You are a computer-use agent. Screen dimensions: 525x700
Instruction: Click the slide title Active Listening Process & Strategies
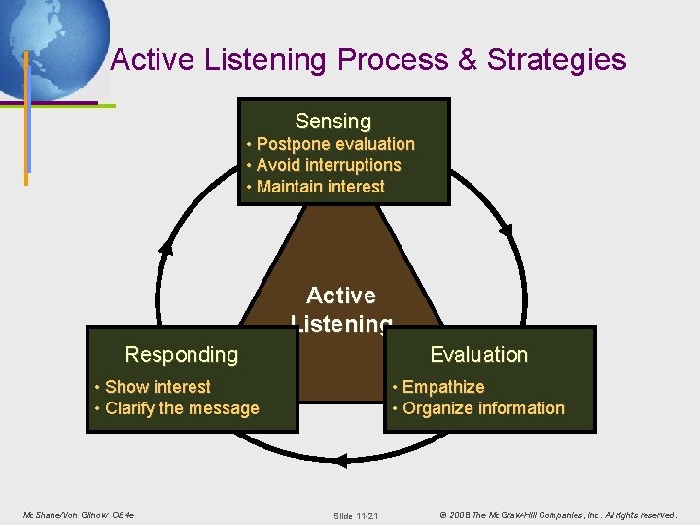click(x=368, y=60)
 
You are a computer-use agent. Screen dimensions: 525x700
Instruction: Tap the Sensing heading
click(x=333, y=122)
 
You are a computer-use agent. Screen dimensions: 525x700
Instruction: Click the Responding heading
click(x=182, y=355)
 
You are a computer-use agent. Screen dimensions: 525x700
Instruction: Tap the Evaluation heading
click(x=478, y=355)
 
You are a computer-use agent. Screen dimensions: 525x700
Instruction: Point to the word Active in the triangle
click(x=340, y=296)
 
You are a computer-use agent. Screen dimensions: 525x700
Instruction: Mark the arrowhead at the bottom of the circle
click(x=340, y=461)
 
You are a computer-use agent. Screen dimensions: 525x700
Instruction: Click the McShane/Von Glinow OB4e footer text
click(x=79, y=514)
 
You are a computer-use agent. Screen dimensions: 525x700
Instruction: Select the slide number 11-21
click(x=356, y=515)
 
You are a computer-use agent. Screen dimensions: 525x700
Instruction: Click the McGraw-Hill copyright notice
click(x=557, y=514)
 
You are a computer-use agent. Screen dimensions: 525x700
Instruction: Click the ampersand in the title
click(x=467, y=60)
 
